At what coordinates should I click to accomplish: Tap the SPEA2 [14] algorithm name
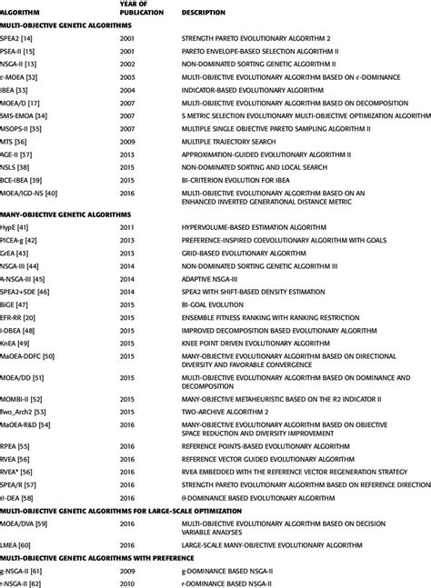20,41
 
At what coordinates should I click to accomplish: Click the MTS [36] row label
18,142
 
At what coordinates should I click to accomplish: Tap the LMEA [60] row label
21,543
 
